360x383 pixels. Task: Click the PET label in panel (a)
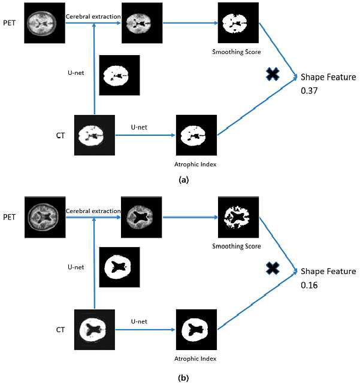(10, 23)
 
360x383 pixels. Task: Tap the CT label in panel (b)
(60, 330)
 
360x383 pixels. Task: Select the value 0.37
(309, 90)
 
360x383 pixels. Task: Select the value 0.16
(309, 285)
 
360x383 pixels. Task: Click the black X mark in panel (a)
(273, 74)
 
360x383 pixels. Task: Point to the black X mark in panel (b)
(273, 268)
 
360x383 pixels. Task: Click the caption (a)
(184, 180)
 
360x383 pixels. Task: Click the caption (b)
(184, 378)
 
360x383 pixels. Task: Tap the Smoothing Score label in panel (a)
(237, 52)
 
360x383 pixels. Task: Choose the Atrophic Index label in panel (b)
(195, 358)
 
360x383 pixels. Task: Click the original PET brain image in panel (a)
(44, 23)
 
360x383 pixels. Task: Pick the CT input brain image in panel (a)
(95, 135)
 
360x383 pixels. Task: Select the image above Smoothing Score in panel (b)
(238, 217)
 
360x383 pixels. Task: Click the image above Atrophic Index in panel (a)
(196, 135)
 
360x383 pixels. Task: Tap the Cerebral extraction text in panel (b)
(93, 211)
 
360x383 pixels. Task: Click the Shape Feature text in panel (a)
(328, 77)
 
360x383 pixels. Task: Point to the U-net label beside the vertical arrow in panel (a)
(76, 73)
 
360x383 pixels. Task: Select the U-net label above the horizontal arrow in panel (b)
(139, 321)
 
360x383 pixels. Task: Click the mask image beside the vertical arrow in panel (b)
(119, 267)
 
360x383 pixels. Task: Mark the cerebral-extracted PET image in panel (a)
(142, 23)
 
